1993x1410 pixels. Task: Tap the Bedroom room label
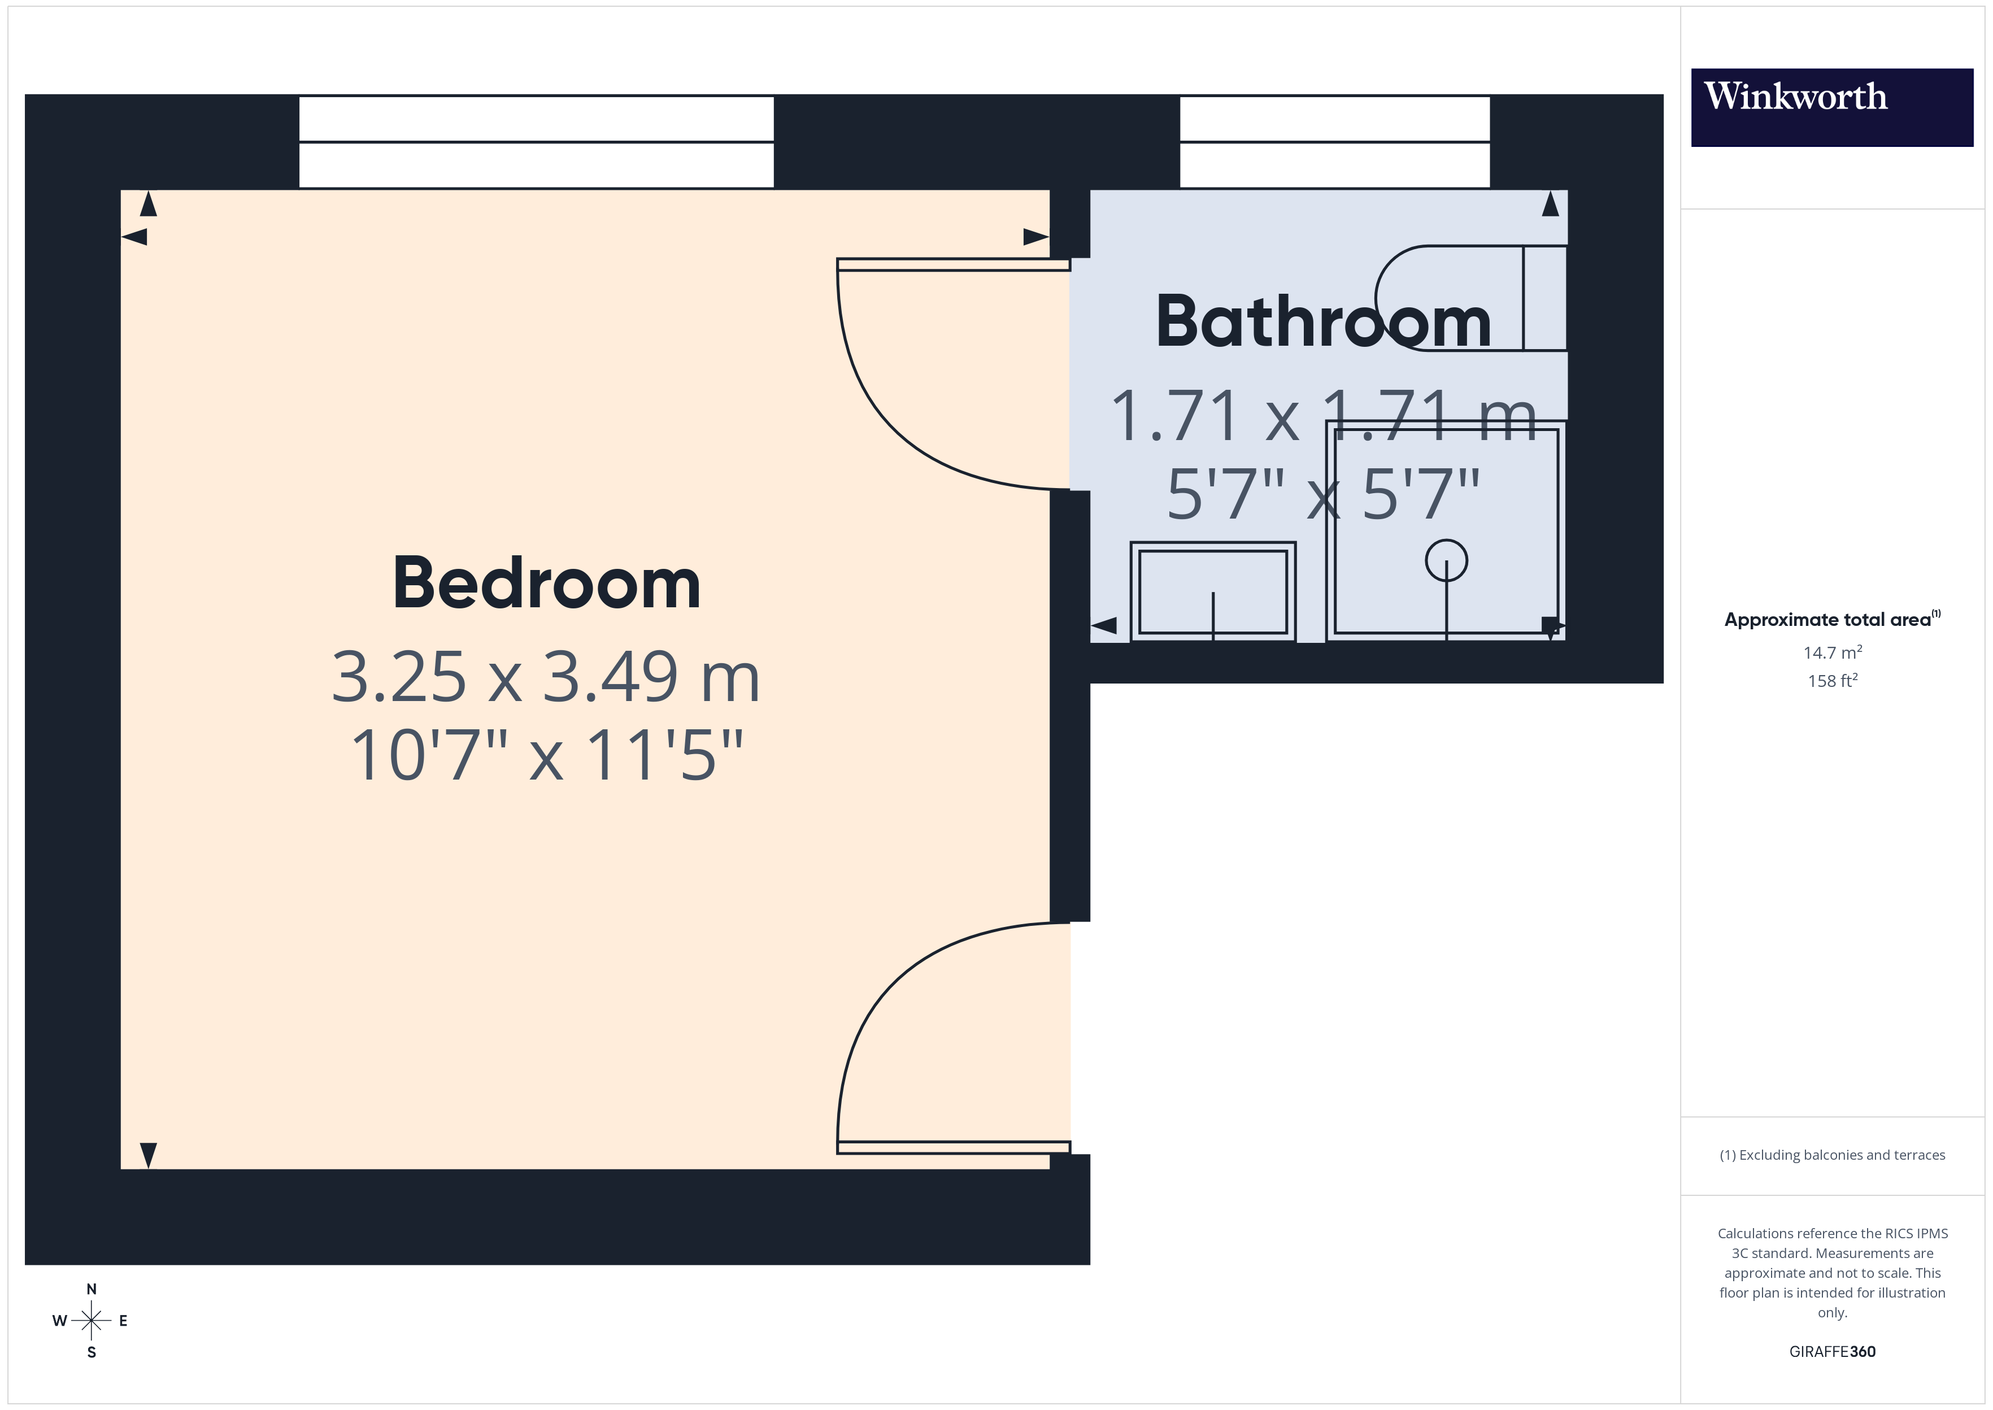coord(546,584)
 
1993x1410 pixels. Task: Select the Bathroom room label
coord(1323,322)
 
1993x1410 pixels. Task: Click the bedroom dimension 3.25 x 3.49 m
coord(546,677)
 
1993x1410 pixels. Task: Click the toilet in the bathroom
coord(1467,298)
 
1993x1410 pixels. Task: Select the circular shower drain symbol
coord(1446,560)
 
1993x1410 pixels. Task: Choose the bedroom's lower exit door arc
coord(894,998)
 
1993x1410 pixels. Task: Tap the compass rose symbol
coord(91,1321)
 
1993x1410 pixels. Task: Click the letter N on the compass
coord(91,1289)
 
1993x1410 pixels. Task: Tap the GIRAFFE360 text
coord(1831,1352)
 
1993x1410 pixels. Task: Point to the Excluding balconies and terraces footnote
coord(1831,1155)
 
